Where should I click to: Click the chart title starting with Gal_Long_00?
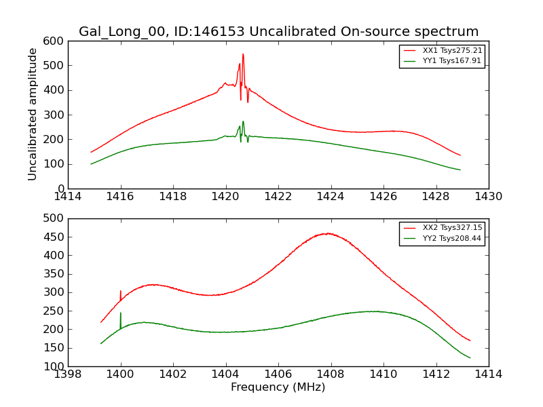[278, 31]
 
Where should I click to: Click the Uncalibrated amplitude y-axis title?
[33, 114]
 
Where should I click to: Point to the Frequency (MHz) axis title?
[278, 387]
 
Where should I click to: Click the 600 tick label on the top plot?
[56, 41]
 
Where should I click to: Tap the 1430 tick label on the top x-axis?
[489, 197]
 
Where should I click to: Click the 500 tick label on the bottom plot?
[56, 218]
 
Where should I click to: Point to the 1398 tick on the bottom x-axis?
[69, 374]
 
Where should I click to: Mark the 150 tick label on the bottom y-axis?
[56, 348]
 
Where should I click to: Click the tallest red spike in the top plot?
[243, 55]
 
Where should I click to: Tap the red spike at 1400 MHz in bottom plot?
[121, 292]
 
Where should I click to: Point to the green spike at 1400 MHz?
[121, 313]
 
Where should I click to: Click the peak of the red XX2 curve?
[328, 233]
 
